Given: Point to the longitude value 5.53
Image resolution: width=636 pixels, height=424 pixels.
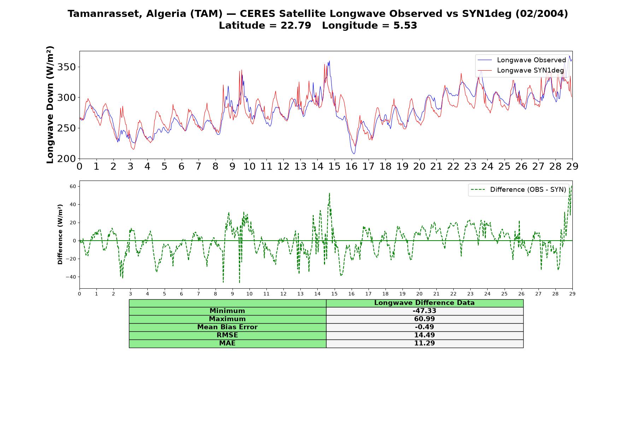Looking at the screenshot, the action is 405,25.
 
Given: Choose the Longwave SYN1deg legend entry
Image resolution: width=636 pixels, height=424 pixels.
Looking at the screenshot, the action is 521,70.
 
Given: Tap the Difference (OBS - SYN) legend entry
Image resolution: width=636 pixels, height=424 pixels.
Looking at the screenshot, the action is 518,190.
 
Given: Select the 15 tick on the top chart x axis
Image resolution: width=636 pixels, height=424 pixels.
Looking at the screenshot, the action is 334,166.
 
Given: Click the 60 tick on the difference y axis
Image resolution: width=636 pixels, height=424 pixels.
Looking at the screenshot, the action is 73,186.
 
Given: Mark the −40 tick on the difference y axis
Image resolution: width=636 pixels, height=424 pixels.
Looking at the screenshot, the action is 71,277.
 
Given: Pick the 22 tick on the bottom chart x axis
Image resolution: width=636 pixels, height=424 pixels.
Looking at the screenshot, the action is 453,294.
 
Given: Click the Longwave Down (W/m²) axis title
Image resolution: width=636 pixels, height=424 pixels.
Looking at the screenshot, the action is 50,105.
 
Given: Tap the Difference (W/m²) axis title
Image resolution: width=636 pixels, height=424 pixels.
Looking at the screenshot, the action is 60,234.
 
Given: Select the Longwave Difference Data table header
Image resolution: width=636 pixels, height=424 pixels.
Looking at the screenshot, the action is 424,303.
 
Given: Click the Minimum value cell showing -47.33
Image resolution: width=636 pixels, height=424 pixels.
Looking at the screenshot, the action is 424,311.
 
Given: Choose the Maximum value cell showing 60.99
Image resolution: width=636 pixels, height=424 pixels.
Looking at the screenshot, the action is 424,319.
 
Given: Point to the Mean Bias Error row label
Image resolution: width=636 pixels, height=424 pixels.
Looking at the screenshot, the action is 227,327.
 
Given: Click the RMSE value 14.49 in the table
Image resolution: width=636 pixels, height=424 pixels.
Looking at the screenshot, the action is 424,335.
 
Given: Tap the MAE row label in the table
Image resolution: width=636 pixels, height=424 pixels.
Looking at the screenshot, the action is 227,343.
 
